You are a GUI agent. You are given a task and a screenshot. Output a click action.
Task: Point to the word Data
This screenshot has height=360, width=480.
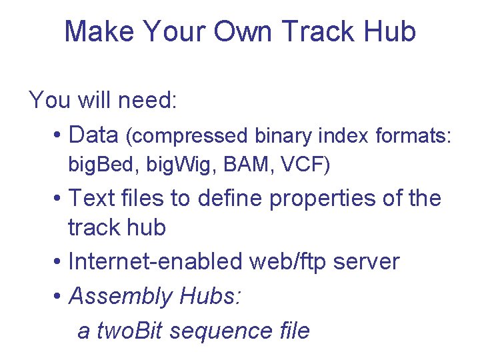93,135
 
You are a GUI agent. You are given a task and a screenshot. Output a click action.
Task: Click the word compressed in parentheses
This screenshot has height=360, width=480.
189,136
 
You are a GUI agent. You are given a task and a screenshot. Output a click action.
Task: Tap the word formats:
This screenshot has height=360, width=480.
414,136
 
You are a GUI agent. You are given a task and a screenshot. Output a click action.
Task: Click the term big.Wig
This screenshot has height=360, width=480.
156,165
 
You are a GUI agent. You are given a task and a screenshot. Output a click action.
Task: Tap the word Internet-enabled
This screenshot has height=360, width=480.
155,262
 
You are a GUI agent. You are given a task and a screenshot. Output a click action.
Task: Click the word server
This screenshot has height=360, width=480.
369,262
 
